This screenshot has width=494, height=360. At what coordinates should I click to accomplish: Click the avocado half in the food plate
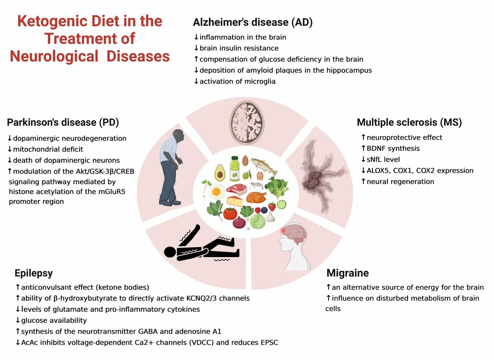[220, 173]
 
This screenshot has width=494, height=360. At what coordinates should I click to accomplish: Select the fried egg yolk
[216, 191]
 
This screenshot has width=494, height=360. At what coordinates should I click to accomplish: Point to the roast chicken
[256, 197]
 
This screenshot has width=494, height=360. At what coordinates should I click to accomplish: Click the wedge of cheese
[235, 201]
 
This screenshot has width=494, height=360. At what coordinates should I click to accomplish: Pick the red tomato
[230, 214]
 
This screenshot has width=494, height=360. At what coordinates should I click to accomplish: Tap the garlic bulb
[270, 217]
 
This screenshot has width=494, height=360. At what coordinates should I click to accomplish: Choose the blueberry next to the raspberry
[264, 210]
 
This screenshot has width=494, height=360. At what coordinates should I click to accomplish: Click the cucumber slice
[282, 204]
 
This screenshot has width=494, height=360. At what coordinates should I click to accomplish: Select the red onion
[239, 222]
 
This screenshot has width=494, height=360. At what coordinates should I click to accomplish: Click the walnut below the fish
[260, 176]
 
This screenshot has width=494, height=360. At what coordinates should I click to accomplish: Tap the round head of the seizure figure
[170, 252]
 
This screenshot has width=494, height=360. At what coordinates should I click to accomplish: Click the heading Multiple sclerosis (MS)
[409, 122]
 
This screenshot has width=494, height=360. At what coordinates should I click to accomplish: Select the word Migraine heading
[347, 273]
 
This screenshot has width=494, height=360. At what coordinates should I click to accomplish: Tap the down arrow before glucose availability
[18, 321]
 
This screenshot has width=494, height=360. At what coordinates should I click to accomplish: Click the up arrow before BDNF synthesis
[364, 149]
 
